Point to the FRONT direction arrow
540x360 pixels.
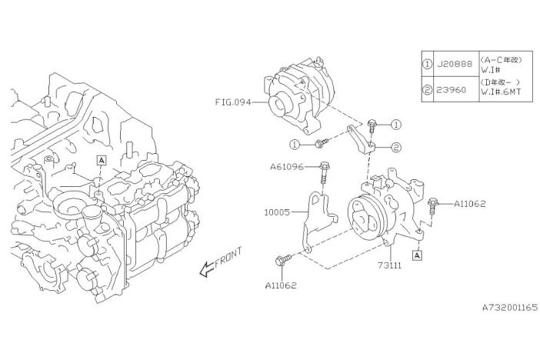coord(218,262)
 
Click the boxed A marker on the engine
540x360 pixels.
coord(101,160)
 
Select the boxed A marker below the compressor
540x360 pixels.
coord(416,255)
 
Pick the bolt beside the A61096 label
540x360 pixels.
coord(323,170)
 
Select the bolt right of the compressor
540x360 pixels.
coord(432,205)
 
